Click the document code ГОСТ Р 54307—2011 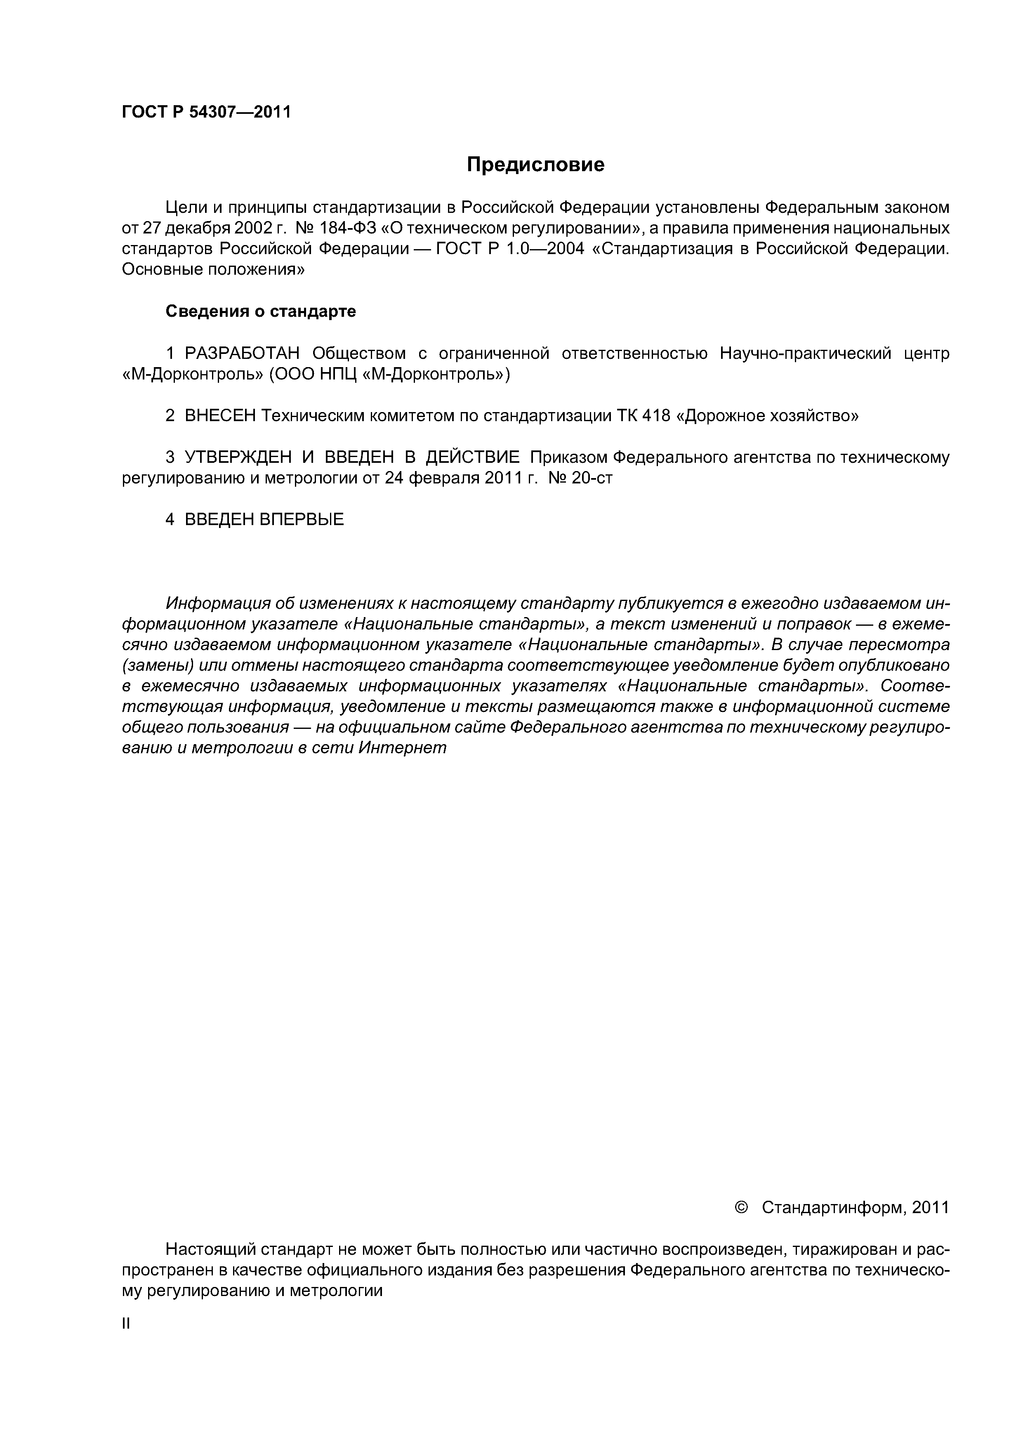point(206,112)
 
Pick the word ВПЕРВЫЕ point(302,520)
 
